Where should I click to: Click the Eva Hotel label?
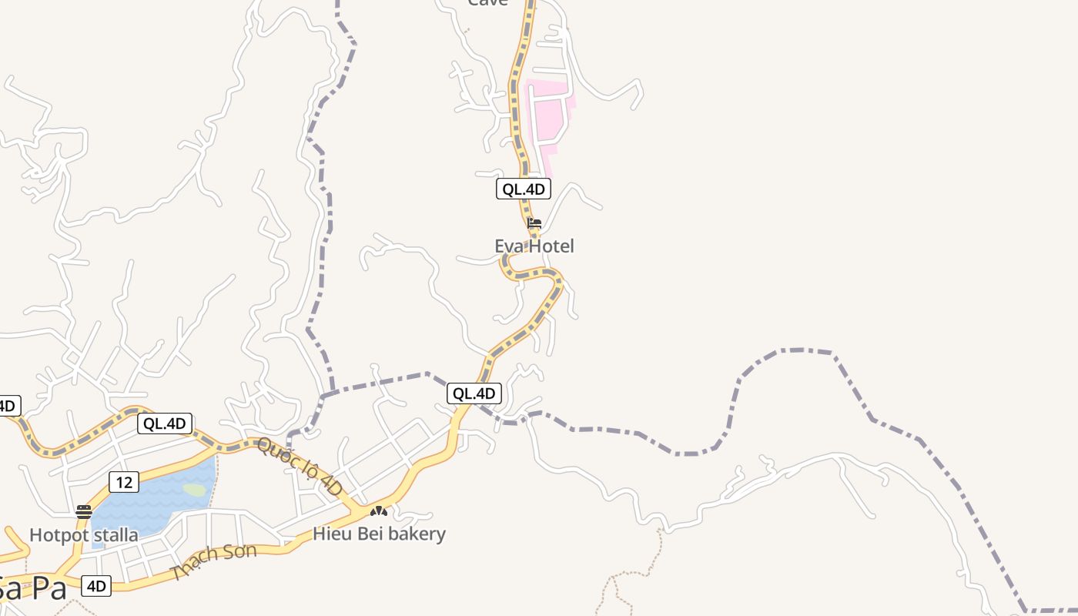(x=534, y=246)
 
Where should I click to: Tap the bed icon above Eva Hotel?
(x=534, y=223)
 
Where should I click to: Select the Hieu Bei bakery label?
(x=379, y=534)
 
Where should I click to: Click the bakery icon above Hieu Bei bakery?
(x=378, y=511)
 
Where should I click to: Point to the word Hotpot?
(x=57, y=535)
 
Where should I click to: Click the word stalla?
(x=113, y=535)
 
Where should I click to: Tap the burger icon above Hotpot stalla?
(x=84, y=511)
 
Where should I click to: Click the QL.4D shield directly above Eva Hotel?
(x=524, y=189)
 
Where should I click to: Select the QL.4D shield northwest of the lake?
(x=165, y=423)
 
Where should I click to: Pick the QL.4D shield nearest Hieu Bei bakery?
(x=474, y=393)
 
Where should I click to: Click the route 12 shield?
(x=124, y=483)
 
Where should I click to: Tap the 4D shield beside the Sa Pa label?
(x=96, y=586)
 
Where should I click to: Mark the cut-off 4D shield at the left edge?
(x=8, y=406)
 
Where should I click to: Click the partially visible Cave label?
(x=488, y=3)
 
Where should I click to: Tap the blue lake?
(x=146, y=500)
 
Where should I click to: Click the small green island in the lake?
(x=194, y=490)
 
